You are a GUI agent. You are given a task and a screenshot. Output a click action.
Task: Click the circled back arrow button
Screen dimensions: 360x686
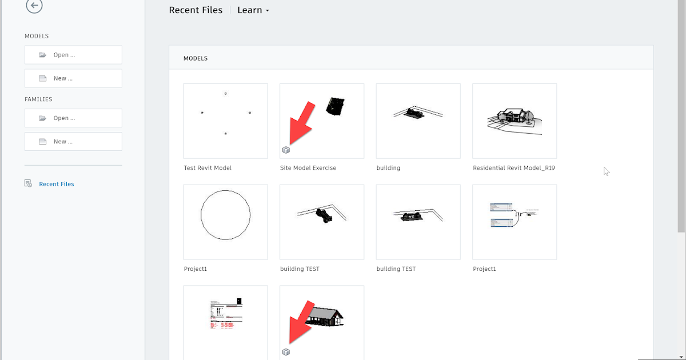34,6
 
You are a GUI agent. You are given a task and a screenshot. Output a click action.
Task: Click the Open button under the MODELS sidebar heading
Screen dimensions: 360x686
73,55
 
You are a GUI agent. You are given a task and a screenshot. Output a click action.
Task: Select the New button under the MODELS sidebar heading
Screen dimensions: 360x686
73,78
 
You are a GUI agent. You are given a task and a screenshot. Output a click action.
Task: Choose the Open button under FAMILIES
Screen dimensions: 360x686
73,118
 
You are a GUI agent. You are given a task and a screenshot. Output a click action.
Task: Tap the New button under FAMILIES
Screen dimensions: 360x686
73,142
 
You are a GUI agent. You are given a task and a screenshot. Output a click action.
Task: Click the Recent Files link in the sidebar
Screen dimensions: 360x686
56,184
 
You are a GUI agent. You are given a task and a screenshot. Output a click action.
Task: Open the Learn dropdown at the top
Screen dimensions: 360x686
253,10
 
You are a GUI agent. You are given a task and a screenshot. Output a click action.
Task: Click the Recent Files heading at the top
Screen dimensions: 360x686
196,10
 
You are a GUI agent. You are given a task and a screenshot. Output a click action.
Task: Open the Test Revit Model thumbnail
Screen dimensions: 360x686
225,121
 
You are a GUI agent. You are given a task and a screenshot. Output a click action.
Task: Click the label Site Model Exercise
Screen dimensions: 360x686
308,168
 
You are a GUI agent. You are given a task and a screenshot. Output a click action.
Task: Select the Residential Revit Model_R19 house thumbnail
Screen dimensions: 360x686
514,121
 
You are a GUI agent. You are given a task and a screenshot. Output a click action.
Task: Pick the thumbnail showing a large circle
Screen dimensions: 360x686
225,222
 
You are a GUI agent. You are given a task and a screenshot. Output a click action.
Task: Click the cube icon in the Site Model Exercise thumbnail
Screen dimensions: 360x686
286,150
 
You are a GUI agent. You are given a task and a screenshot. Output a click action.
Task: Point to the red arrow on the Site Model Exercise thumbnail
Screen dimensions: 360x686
301,123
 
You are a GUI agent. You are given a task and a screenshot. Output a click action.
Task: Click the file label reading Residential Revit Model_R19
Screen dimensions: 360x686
514,168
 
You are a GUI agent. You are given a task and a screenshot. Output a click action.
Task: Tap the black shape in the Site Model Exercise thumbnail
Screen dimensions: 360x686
335,106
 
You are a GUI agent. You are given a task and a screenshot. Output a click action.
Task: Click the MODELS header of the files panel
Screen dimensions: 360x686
196,58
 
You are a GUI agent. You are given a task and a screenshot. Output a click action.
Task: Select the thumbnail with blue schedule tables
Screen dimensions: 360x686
514,222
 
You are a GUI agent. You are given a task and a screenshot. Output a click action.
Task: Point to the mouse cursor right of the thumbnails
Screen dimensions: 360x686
606,171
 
